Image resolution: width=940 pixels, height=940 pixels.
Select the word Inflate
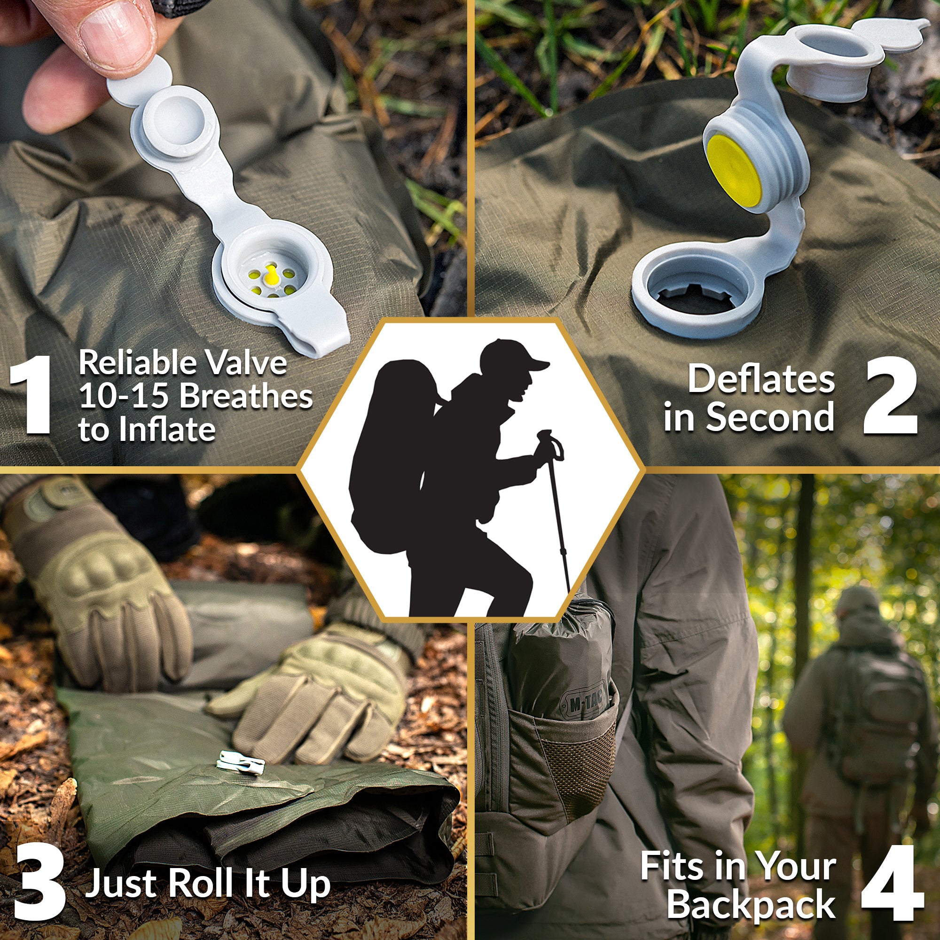tap(167, 429)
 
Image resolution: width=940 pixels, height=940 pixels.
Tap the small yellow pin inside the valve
tap(271, 277)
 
